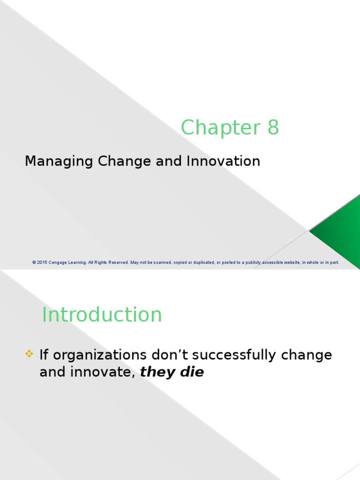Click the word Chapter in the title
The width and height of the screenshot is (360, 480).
[x=218, y=127]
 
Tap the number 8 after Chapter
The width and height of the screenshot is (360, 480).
[x=273, y=127]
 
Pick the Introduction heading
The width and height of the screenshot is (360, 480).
[x=102, y=315]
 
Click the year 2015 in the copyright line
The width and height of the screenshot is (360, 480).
[x=42, y=262]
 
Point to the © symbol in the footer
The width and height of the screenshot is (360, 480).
[x=34, y=262]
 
